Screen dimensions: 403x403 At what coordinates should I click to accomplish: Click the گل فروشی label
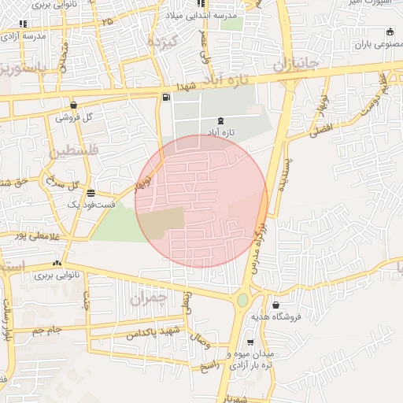click(x=74, y=117)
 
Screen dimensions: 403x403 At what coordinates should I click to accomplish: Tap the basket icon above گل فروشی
click(x=73, y=105)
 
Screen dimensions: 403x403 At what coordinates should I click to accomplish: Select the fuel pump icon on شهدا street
click(x=165, y=98)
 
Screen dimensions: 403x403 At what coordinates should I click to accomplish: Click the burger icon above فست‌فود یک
click(x=92, y=193)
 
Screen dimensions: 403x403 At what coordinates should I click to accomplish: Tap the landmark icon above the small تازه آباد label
click(x=220, y=120)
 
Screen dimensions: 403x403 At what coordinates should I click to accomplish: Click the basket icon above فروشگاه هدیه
click(x=275, y=305)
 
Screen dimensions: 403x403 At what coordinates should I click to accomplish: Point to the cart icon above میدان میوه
click(x=250, y=342)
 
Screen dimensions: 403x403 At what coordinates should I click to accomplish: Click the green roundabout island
click(x=242, y=300)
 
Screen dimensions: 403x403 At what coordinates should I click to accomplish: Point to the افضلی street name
click(x=322, y=128)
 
